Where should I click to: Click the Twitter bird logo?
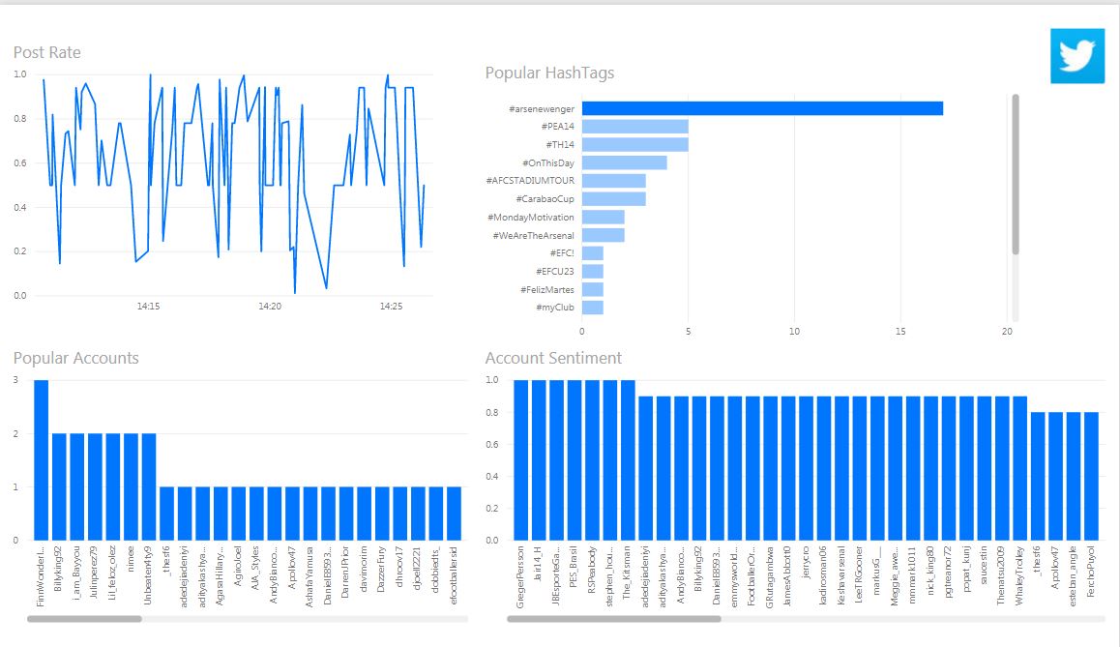(1076, 56)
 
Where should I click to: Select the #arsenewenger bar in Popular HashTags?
(762, 108)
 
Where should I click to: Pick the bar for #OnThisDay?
(624, 162)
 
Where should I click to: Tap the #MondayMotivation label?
(532, 218)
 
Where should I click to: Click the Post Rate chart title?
(47, 52)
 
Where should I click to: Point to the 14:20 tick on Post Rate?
(270, 307)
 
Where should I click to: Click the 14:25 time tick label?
(391, 307)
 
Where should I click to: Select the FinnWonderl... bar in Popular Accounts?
(41, 459)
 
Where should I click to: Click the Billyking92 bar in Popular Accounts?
(59, 485)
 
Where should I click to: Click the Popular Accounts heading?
(76, 358)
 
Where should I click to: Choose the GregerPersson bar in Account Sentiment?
(521, 459)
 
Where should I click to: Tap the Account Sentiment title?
(553, 358)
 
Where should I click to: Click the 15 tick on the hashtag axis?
(900, 331)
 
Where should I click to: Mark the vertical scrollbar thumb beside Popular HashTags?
(1015, 174)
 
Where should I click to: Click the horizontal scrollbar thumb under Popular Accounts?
(84, 618)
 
